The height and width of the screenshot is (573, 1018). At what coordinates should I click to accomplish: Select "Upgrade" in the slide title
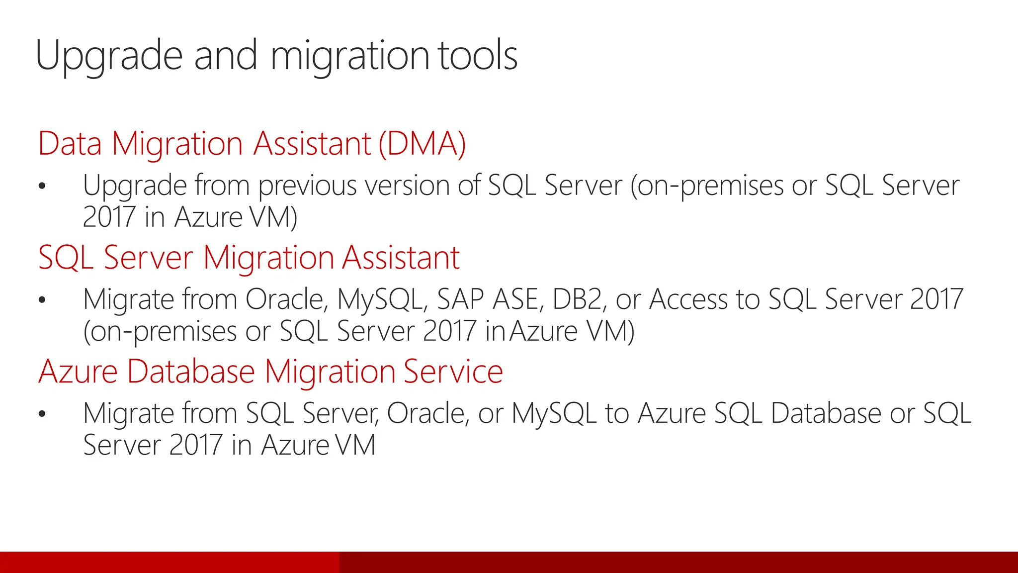point(109,56)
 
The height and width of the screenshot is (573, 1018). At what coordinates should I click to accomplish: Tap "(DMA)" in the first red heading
point(422,144)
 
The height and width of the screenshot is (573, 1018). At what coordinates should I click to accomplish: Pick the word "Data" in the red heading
point(70,144)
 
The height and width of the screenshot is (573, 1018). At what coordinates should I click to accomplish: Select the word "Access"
point(688,299)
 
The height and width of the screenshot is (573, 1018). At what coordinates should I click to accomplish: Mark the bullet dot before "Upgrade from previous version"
point(42,186)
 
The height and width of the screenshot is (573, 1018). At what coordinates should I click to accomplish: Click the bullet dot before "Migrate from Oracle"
point(42,300)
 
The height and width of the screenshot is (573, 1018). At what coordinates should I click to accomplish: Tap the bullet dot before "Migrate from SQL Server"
point(42,414)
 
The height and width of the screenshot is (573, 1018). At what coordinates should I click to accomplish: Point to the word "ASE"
point(517,299)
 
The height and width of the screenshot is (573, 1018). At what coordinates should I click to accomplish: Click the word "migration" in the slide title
point(349,56)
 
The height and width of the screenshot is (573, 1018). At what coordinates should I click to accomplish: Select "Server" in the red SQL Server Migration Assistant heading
point(148,258)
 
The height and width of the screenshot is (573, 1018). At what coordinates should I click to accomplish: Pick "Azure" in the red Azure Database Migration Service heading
point(78,372)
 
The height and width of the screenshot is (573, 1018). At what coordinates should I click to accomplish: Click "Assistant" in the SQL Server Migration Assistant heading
point(401,258)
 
